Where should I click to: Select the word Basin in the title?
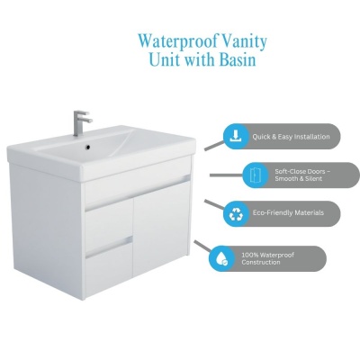pyautogui.click(x=238, y=59)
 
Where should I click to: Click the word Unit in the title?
pyautogui.click(x=163, y=59)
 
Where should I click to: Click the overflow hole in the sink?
pyautogui.click(x=88, y=148)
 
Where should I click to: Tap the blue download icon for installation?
pyautogui.click(x=236, y=137)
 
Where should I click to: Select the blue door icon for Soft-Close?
pyautogui.click(x=254, y=175)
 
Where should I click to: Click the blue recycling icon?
pyautogui.click(x=236, y=214)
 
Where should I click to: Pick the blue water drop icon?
pyautogui.click(x=221, y=258)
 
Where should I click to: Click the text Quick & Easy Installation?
pyautogui.click(x=291, y=137)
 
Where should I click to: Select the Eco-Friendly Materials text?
pyautogui.click(x=288, y=212)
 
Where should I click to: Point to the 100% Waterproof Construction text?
pyautogui.click(x=267, y=258)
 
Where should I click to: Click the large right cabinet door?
pyautogui.click(x=161, y=227)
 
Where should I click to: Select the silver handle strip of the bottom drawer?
pyautogui.click(x=109, y=247)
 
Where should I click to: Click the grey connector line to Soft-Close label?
pyautogui.click(x=226, y=175)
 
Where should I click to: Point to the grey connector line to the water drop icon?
pyautogui.click(x=202, y=246)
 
